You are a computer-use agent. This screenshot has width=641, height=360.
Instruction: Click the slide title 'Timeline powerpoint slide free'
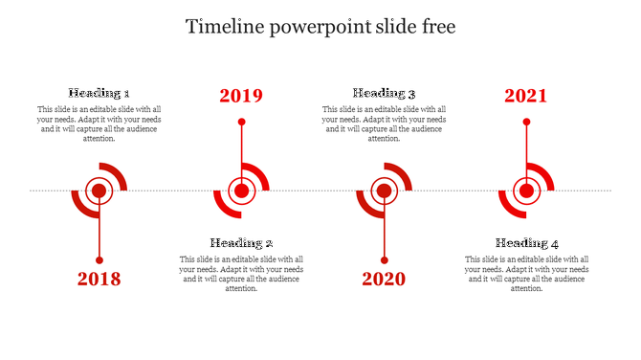[x=320, y=27]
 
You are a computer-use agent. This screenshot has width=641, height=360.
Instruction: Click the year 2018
[x=99, y=280]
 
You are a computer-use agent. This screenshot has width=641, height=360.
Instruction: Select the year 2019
[x=241, y=96]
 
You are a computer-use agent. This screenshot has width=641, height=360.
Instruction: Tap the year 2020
[x=384, y=280]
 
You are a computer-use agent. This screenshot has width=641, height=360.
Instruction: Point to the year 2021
[x=526, y=96]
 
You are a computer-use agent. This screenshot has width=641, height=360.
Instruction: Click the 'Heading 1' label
[x=99, y=94]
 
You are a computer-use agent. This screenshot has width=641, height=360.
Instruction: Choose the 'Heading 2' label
[x=242, y=243]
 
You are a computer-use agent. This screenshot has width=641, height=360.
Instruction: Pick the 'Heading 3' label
[x=384, y=94]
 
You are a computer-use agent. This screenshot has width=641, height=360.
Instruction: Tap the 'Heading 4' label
[x=527, y=243]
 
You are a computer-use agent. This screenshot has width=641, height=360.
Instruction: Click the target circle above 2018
[x=99, y=191]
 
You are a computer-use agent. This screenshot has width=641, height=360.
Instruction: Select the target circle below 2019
[x=242, y=191]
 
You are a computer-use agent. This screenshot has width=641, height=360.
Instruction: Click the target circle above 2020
[x=384, y=191]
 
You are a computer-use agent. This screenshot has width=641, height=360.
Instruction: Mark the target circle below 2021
[x=526, y=191]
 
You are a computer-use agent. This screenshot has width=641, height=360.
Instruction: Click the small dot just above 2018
[x=99, y=259]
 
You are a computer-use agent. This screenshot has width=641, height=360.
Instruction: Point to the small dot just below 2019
[x=242, y=122]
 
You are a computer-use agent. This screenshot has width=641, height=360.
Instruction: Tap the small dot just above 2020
[x=384, y=259]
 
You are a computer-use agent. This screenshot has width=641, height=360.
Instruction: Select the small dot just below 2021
[x=526, y=122]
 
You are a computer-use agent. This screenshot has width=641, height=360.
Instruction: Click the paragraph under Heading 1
[x=99, y=124]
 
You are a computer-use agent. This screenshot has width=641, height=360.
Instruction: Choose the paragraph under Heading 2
[x=242, y=274]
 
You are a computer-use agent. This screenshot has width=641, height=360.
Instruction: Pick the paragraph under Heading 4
[x=527, y=274]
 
